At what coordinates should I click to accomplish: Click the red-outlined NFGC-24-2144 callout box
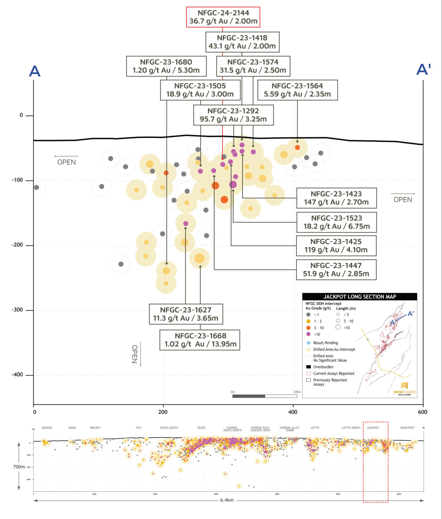click(x=223, y=17)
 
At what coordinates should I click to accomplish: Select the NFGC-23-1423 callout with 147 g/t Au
click(x=336, y=198)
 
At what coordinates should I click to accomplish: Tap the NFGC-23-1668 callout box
click(x=200, y=340)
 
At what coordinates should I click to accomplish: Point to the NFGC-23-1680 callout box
click(x=166, y=66)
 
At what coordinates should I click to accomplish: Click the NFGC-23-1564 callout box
click(x=297, y=90)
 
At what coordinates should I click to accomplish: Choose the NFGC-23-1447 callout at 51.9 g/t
click(x=336, y=270)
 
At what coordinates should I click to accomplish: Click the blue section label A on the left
click(x=35, y=71)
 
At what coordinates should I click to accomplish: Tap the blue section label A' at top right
click(x=423, y=70)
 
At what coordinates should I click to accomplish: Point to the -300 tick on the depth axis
click(x=17, y=310)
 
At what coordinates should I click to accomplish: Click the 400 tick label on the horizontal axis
click(x=293, y=412)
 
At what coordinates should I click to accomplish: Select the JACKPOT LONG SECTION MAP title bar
click(x=359, y=297)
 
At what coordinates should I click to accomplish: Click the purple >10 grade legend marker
click(x=308, y=334)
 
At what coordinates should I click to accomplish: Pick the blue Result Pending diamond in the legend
click(x=308, y=343)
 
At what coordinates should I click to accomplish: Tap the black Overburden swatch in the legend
click(x=308, y=367)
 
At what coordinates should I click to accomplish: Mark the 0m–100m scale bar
click(x=265, y=396)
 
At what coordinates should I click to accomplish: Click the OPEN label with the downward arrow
click(x=135, y=354)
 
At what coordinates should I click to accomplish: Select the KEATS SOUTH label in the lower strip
click(x=169, y=428)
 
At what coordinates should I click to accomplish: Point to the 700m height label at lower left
click(x=19, y=467)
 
